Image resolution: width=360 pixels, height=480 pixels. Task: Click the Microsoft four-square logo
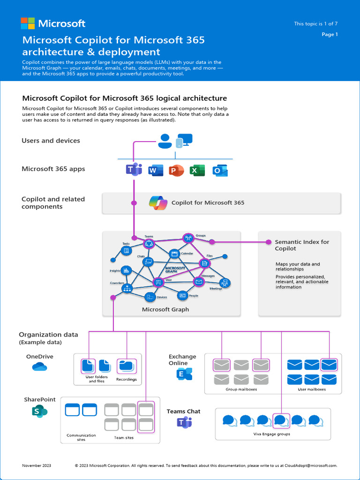click(x=28, y=23)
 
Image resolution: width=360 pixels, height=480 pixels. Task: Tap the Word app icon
click(x=155, y=171)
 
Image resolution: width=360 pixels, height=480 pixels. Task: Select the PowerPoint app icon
click(x=176, y=171)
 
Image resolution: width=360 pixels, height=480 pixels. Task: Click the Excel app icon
click(x=197, y=171)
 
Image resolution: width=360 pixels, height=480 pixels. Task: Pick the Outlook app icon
click(x=220, y=171)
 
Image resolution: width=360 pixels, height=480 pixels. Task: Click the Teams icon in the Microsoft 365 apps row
click(x=134, y=170)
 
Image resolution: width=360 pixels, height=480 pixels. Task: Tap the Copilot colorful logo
click(x=158, y=203)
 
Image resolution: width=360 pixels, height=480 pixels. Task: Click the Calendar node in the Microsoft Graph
click(x=174, y=254)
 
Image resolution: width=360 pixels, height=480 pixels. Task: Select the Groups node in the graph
click(x=188, y=238)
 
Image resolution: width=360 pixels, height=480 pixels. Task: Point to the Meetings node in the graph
click(x=225, y=283)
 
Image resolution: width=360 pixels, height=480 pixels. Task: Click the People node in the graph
click(x=182, y=295)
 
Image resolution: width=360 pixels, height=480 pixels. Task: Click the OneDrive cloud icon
click(x=39, y=367)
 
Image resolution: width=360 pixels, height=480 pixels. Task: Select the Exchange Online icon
click(x=184, y=374)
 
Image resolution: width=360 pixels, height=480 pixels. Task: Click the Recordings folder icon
click(x=126, y=366)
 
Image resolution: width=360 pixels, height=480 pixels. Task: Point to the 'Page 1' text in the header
click(x=330, y=34)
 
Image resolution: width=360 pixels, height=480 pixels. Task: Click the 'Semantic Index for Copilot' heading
click(x=301, y=245)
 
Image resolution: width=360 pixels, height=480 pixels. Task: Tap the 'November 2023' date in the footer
click(x=37, y=465)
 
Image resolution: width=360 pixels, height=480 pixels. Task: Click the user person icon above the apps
click(x=164, y=141)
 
